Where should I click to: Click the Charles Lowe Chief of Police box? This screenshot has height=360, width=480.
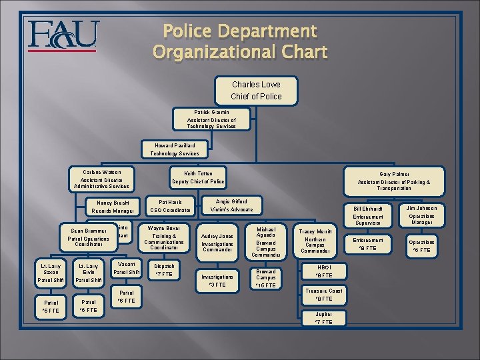click(x=257, y=91)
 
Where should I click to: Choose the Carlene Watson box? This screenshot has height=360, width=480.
click(x=107, y=179)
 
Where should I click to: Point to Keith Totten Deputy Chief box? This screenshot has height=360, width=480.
click(x=199, y=177)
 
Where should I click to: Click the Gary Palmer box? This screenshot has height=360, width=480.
click(x=393, y=180)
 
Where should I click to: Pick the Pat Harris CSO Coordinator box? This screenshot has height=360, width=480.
click(x=171, y=206)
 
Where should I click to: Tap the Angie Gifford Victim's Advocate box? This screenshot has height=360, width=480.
click(x=231, y=205)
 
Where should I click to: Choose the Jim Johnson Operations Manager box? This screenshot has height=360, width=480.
click(x=421, y=215)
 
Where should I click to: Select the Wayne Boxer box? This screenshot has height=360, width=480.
click(x=164, y=237)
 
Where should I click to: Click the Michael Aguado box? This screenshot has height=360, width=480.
click(x=266, y=242)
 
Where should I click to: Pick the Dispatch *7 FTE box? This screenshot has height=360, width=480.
click(x=164, y=269)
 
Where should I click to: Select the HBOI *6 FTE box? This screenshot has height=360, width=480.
click(x=323, y=271)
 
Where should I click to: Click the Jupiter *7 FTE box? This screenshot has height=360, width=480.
click(x=323, y=318)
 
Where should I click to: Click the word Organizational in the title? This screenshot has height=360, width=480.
click(x=240, y=51)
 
